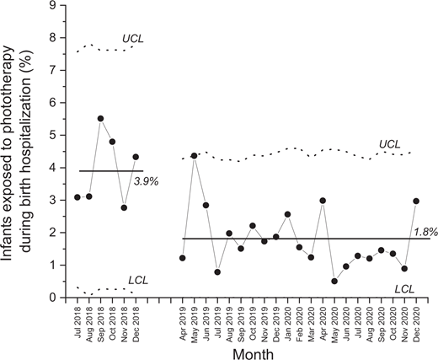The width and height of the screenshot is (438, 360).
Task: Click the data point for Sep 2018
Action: tap(100, 119)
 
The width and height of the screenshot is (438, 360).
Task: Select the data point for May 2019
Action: tap(195, 156)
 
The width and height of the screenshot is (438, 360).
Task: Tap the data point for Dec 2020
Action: tap(417, 201)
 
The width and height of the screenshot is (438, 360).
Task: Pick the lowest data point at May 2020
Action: tap(335, 281)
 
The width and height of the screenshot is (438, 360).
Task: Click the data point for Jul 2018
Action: tap(77, 197)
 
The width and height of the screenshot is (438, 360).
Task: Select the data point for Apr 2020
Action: tap(323, 201)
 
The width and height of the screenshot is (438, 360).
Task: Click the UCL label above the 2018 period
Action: tap(133, 39)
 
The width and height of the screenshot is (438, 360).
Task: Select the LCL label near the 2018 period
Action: tap(138, 279)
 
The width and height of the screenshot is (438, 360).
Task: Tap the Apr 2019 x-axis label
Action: tap(183, 320)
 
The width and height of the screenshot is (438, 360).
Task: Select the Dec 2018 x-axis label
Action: tap(136, 320)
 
